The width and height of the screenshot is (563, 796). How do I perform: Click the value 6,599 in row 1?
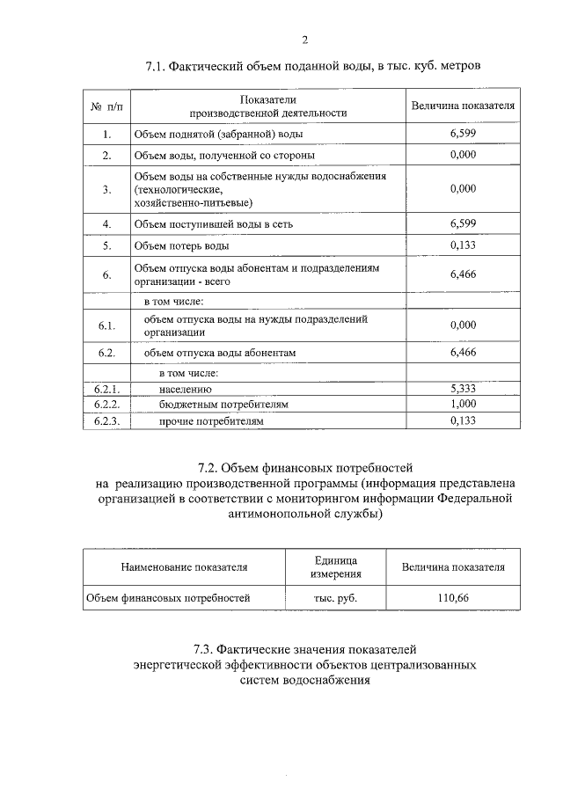pos(463,134)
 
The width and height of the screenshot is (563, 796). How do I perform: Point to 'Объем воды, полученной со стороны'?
pos(224,155)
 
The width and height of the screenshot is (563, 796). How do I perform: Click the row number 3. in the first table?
pos(106,189)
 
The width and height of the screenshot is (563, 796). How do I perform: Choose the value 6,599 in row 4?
pos(463,223)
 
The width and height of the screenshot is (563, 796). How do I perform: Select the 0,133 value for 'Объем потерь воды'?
pos(463,245)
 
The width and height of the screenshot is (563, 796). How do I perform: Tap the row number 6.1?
pos(106,325)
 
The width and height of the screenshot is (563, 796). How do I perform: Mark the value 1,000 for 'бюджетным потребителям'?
pos(463,404)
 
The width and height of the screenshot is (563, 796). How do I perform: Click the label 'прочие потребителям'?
pos(211,421)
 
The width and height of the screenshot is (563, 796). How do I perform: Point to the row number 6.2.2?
pos(106,404)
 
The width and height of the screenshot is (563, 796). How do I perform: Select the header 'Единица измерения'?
pos(334,567)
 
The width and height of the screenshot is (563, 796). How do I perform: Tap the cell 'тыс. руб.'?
pos(334,598)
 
